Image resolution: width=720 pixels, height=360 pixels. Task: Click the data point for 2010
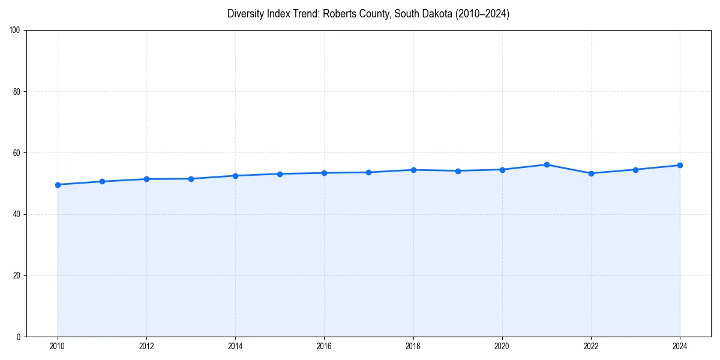click(x=58, y=185)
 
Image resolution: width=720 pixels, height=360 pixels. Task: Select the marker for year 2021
click(x=547, y=164)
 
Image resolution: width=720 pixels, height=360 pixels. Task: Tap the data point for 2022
click(x=591, y=173)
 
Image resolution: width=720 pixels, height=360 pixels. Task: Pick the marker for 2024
click(x=680, y=165)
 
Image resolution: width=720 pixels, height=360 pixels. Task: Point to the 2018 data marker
click(x=413, y=170)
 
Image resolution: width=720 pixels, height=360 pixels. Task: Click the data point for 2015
click(x=280, y=174)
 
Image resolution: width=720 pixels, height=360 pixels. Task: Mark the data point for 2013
click(x=191, y=179)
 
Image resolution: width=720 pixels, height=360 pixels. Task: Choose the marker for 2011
click(x=102, y=181)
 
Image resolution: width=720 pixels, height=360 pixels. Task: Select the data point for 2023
click(x=635, y=169)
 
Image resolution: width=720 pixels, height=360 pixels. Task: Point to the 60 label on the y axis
click(x=17, y=153)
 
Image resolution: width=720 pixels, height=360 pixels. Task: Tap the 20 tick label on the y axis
click(x=17, y=275)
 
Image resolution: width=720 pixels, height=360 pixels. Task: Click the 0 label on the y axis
click(x=19, y=337)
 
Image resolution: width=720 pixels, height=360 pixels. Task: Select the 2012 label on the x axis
click(x=146, y=346)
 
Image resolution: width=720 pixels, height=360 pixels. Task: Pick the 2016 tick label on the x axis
click(x=324, y=346)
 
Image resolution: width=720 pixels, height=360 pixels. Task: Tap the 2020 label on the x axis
click(x=502, y=346)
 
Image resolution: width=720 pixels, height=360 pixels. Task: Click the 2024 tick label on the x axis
click(x=680, y=346)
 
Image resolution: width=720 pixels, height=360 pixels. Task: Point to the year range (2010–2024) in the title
click(x=481, y=14)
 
